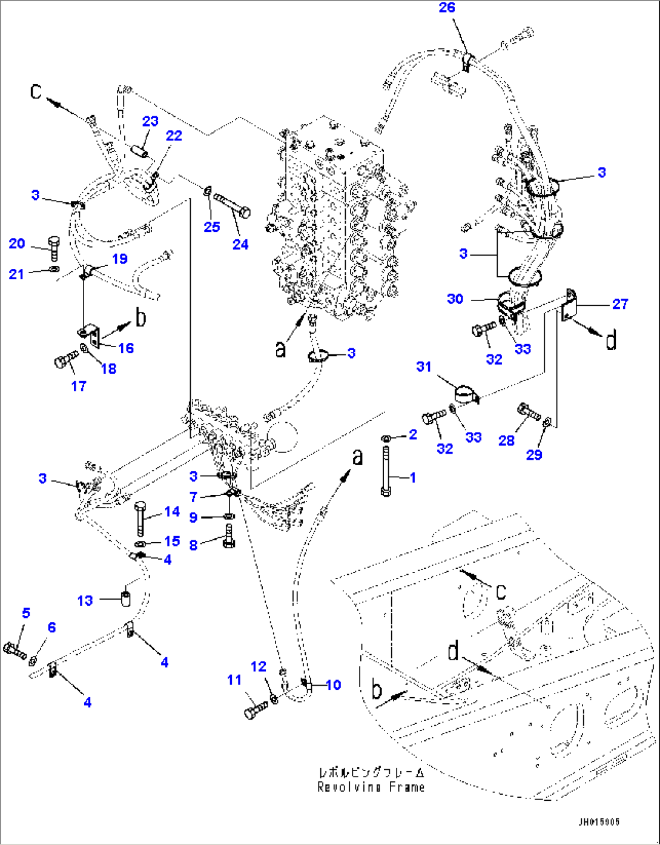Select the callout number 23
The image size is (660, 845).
[150, 121]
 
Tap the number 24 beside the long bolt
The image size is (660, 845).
[240, 244]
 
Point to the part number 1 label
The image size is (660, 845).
[413, 478]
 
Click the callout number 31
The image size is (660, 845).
[424, 366]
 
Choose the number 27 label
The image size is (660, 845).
[620, 303]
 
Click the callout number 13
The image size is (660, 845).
[85, 600]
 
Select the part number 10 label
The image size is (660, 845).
[334, 684]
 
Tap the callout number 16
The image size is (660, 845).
[126, 348]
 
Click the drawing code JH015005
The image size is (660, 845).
[598, 822]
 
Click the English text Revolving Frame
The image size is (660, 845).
[371, 787]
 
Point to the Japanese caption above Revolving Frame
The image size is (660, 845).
[371, 773]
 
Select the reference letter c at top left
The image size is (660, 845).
[37, 91]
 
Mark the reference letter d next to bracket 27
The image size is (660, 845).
[611, 340]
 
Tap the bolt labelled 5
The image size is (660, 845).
[15, 651]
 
